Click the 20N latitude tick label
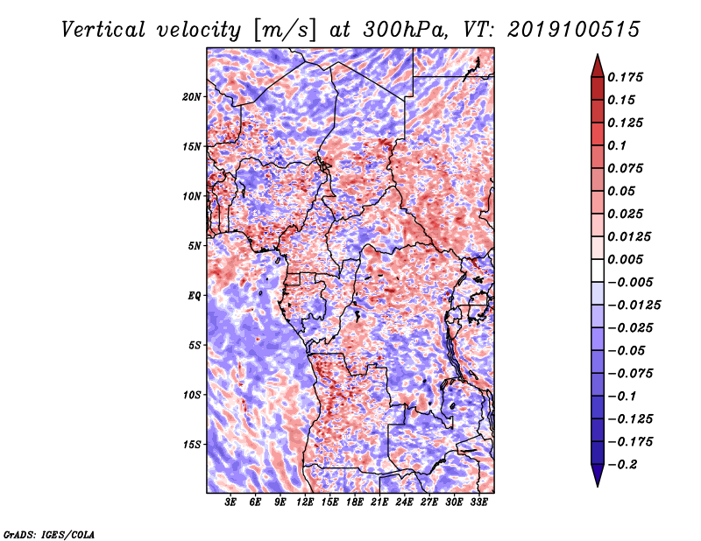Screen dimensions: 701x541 [x=192, y=96]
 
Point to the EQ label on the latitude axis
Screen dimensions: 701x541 [x=195, y=296]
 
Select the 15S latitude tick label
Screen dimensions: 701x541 [x=192, y=445]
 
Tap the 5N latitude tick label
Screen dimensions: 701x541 [x=194, y=246]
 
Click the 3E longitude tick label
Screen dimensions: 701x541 [x=230, y=502]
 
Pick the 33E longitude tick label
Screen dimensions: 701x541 [x=478, y=502]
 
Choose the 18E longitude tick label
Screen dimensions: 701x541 [x=355, y=502]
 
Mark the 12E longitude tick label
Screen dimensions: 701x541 [x=305, y=502]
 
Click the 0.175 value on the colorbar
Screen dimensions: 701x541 [x=625, y=77]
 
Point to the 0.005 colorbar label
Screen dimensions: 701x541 [x=625, y=259]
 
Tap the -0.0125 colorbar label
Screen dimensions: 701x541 [x=634, y=306]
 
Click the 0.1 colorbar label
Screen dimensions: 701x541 [x=617, y=145]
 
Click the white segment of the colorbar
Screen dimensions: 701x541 [x=598, y=270]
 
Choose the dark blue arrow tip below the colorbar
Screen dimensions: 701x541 [x=598, y=486]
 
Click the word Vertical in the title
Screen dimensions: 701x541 [x=103, y=30]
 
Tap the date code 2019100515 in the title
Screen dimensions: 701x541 [x=574, y=30]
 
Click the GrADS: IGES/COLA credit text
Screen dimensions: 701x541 [x=49, y=534]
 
